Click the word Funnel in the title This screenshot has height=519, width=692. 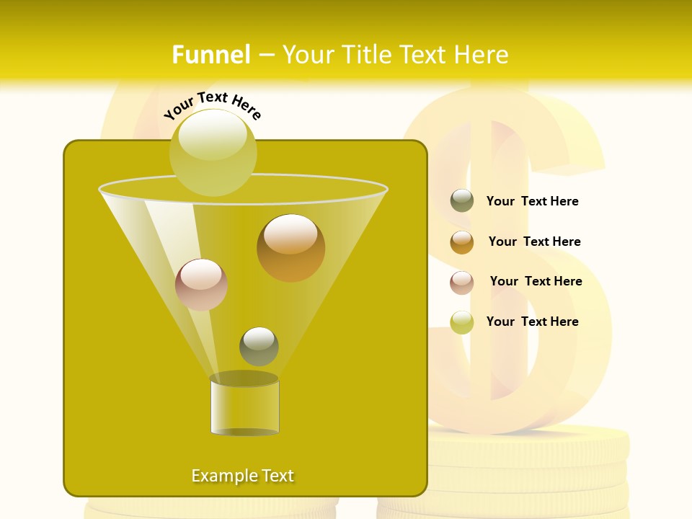click(x=211, y=55)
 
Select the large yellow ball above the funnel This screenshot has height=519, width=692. click(x=213, y=152)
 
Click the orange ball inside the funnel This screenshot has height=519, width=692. click(x=290, y=247)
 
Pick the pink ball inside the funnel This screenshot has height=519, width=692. click(x=202, y=284)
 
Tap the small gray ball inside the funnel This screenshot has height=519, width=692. click(x=259, y=346)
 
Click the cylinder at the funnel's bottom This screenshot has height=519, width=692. click(x=244, y=405)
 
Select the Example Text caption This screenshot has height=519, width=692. click(x=243, y=476)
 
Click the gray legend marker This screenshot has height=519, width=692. click(x=462, y=201)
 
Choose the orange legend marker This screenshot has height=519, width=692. click(x=462, y=241)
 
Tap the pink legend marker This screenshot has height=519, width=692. click(x=462, y=282)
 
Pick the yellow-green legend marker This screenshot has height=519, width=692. click(x=462, y=321)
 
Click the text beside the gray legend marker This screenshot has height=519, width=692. click(x=532, y=201)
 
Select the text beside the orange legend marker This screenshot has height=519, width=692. click(x=534, y=241)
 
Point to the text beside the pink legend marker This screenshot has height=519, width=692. click(x=536, y=281)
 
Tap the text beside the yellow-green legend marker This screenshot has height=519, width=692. click(x=532, y=321)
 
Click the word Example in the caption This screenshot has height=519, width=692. click(x=221, y=476)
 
